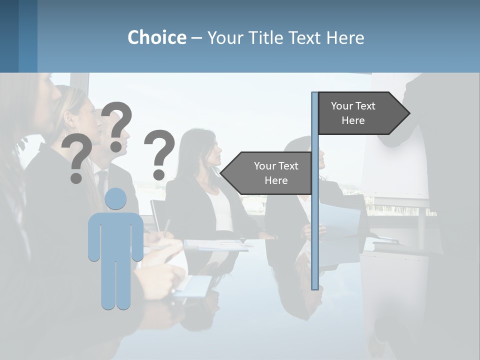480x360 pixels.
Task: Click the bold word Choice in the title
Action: tap(156, 37)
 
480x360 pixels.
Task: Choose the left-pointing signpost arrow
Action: tap(267, 173)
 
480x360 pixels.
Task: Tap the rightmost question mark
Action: tap(159, 153)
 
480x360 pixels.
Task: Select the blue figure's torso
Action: tap(115, 235)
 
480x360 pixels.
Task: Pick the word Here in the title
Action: tap(345, 37)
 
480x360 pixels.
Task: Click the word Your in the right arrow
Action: tap(342, 106)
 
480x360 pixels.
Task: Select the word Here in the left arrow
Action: tap(276, 180)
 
